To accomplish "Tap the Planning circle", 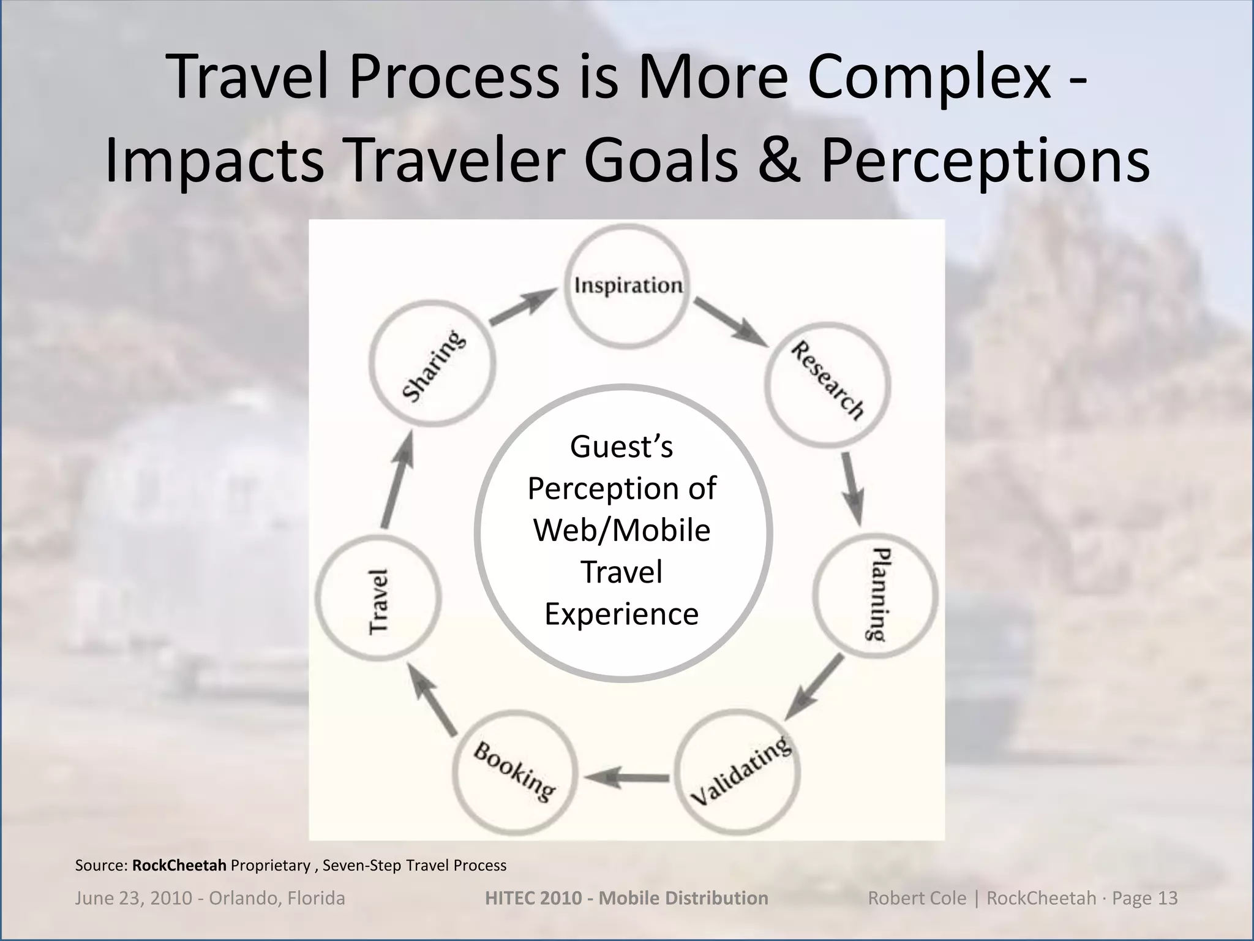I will click(876, 594).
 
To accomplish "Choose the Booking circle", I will click(514, 771).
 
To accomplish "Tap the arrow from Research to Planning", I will click(852, 488).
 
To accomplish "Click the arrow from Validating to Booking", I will click(626, 779).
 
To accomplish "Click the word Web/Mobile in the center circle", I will click(621, 531).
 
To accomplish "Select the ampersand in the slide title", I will click(778, 161).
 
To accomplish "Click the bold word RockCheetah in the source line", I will click(179, 865).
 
